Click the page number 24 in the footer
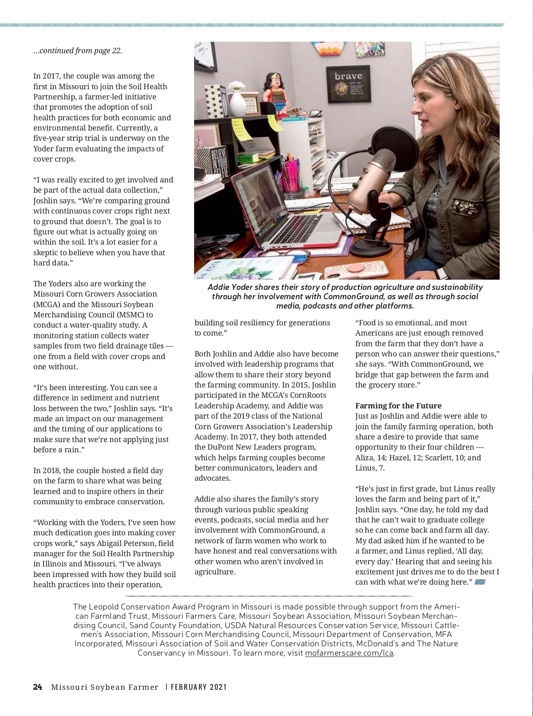pos(38,687)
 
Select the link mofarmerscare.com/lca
pos(349,653)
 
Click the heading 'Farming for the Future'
pos(398,406)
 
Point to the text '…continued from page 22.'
pos(78,51)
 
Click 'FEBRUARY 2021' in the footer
pos(199,687)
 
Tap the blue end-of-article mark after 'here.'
pos(480,582)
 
